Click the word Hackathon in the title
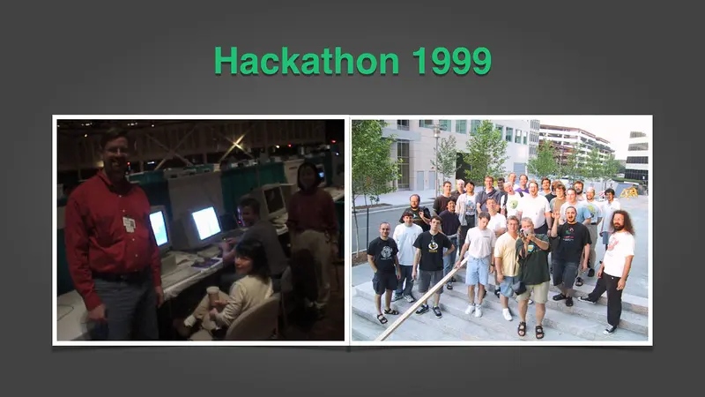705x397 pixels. pos(307,60)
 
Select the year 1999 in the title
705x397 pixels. pos(451,60)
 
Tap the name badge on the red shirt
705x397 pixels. pos(130,224)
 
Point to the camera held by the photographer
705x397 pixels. pos(524,233)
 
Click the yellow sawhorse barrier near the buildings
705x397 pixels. pos(628,192)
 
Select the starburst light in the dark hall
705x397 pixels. pos(237,144)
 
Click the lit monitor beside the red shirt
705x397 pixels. pos(159,228)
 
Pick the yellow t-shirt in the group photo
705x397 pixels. pos(506,254)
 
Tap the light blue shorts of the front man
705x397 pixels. pos(478,270)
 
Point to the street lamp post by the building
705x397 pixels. pos(435,158)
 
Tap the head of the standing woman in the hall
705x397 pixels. pos(307,176)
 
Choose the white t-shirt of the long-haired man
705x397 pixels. pos(618,253)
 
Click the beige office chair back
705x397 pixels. pos(254,318)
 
